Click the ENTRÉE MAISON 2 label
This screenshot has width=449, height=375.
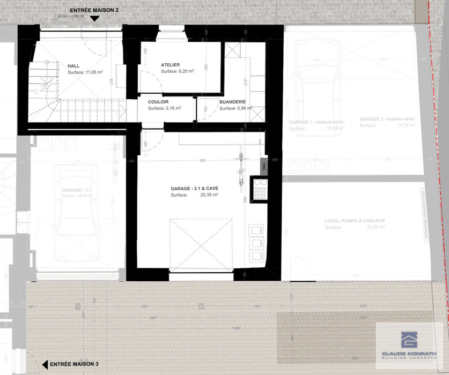point(94,10)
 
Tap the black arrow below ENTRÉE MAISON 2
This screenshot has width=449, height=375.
point(94,19)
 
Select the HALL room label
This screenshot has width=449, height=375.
point(73,65)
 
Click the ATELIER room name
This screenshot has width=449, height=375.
point(170,65)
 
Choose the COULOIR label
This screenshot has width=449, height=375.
point(158,101)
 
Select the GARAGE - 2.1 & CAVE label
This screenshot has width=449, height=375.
point(194,189)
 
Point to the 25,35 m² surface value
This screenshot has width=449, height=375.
point(209,196)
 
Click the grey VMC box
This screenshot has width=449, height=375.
point(263,167)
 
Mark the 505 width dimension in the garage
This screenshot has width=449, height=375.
point(202,160)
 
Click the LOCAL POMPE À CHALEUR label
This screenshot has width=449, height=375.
point(355,221)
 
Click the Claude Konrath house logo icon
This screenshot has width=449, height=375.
point(409,339)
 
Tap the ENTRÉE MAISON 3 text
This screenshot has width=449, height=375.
point(73,364)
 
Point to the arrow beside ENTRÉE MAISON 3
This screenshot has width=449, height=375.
point(45,364)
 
